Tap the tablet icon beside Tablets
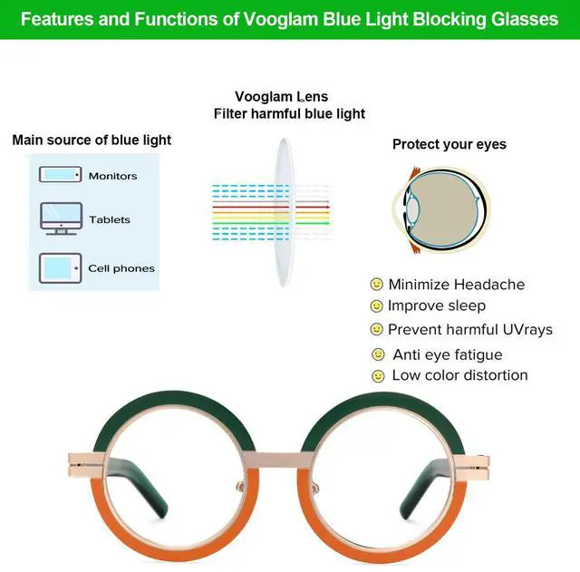61,218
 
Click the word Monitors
112,176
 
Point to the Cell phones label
121,268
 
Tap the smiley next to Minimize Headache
377,285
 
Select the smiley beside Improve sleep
377,306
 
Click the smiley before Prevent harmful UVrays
377,329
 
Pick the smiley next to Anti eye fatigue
378,354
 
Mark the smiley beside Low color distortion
378,375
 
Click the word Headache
493,285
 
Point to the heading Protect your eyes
449,144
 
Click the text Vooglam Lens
282,97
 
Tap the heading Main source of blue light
92,141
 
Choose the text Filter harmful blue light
289,113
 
